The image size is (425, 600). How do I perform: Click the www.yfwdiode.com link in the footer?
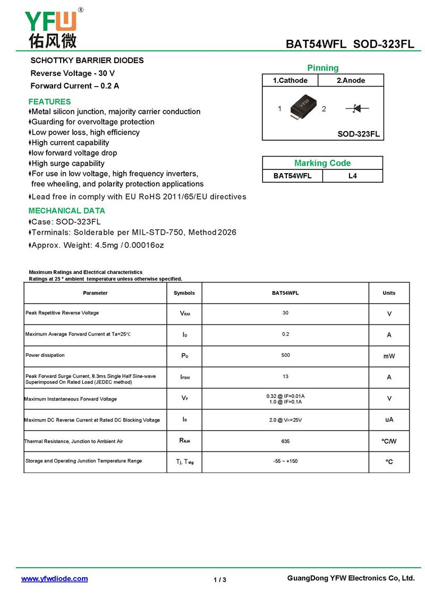[x=54, y=579]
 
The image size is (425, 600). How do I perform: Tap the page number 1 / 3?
[x=220, y=580]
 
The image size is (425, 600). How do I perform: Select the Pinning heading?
[x=322, y=68]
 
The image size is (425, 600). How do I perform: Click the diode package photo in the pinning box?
[x=302, y=107]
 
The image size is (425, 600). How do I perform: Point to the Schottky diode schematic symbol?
[x=356, y=108]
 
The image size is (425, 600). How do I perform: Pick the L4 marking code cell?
[x=352, y=176]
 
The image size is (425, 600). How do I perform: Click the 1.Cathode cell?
[x=290, y=81]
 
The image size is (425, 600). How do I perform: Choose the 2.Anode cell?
[x=351, y=81]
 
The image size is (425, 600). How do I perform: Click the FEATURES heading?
[x=49, y=101]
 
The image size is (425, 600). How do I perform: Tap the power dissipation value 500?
[x=285, y=355]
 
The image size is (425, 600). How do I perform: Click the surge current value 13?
[x=285, y=376]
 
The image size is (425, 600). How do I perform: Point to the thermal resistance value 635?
[x=285, y=441]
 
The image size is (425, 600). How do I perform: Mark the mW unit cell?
[x=389, y=356]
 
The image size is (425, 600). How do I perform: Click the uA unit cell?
[x=389, y=420]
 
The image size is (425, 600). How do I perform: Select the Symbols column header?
[x=184, y=293]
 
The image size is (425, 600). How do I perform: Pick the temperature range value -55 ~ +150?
[x=285, y=461]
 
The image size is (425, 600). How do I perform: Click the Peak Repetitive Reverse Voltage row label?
[x=62, y=313]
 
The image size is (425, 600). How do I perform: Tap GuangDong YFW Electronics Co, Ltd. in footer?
[x=351, y=578]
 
